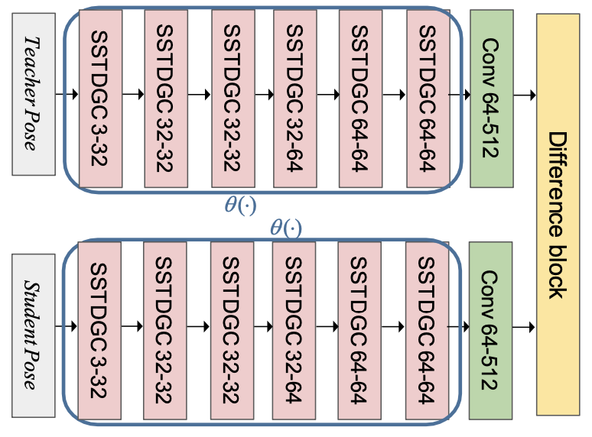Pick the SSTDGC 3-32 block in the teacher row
[100, 99]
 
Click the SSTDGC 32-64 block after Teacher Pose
[294, 99]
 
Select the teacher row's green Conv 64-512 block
[491, 99]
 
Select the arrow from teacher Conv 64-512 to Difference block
[525, 95]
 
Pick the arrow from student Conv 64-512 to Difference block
[525, 328]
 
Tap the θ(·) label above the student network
[286, 227]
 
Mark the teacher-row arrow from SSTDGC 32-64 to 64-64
[328, 95]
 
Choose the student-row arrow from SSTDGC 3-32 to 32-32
[132, 328]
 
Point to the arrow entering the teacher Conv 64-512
[459, 95]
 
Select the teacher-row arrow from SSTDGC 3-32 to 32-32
[132, 95]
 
